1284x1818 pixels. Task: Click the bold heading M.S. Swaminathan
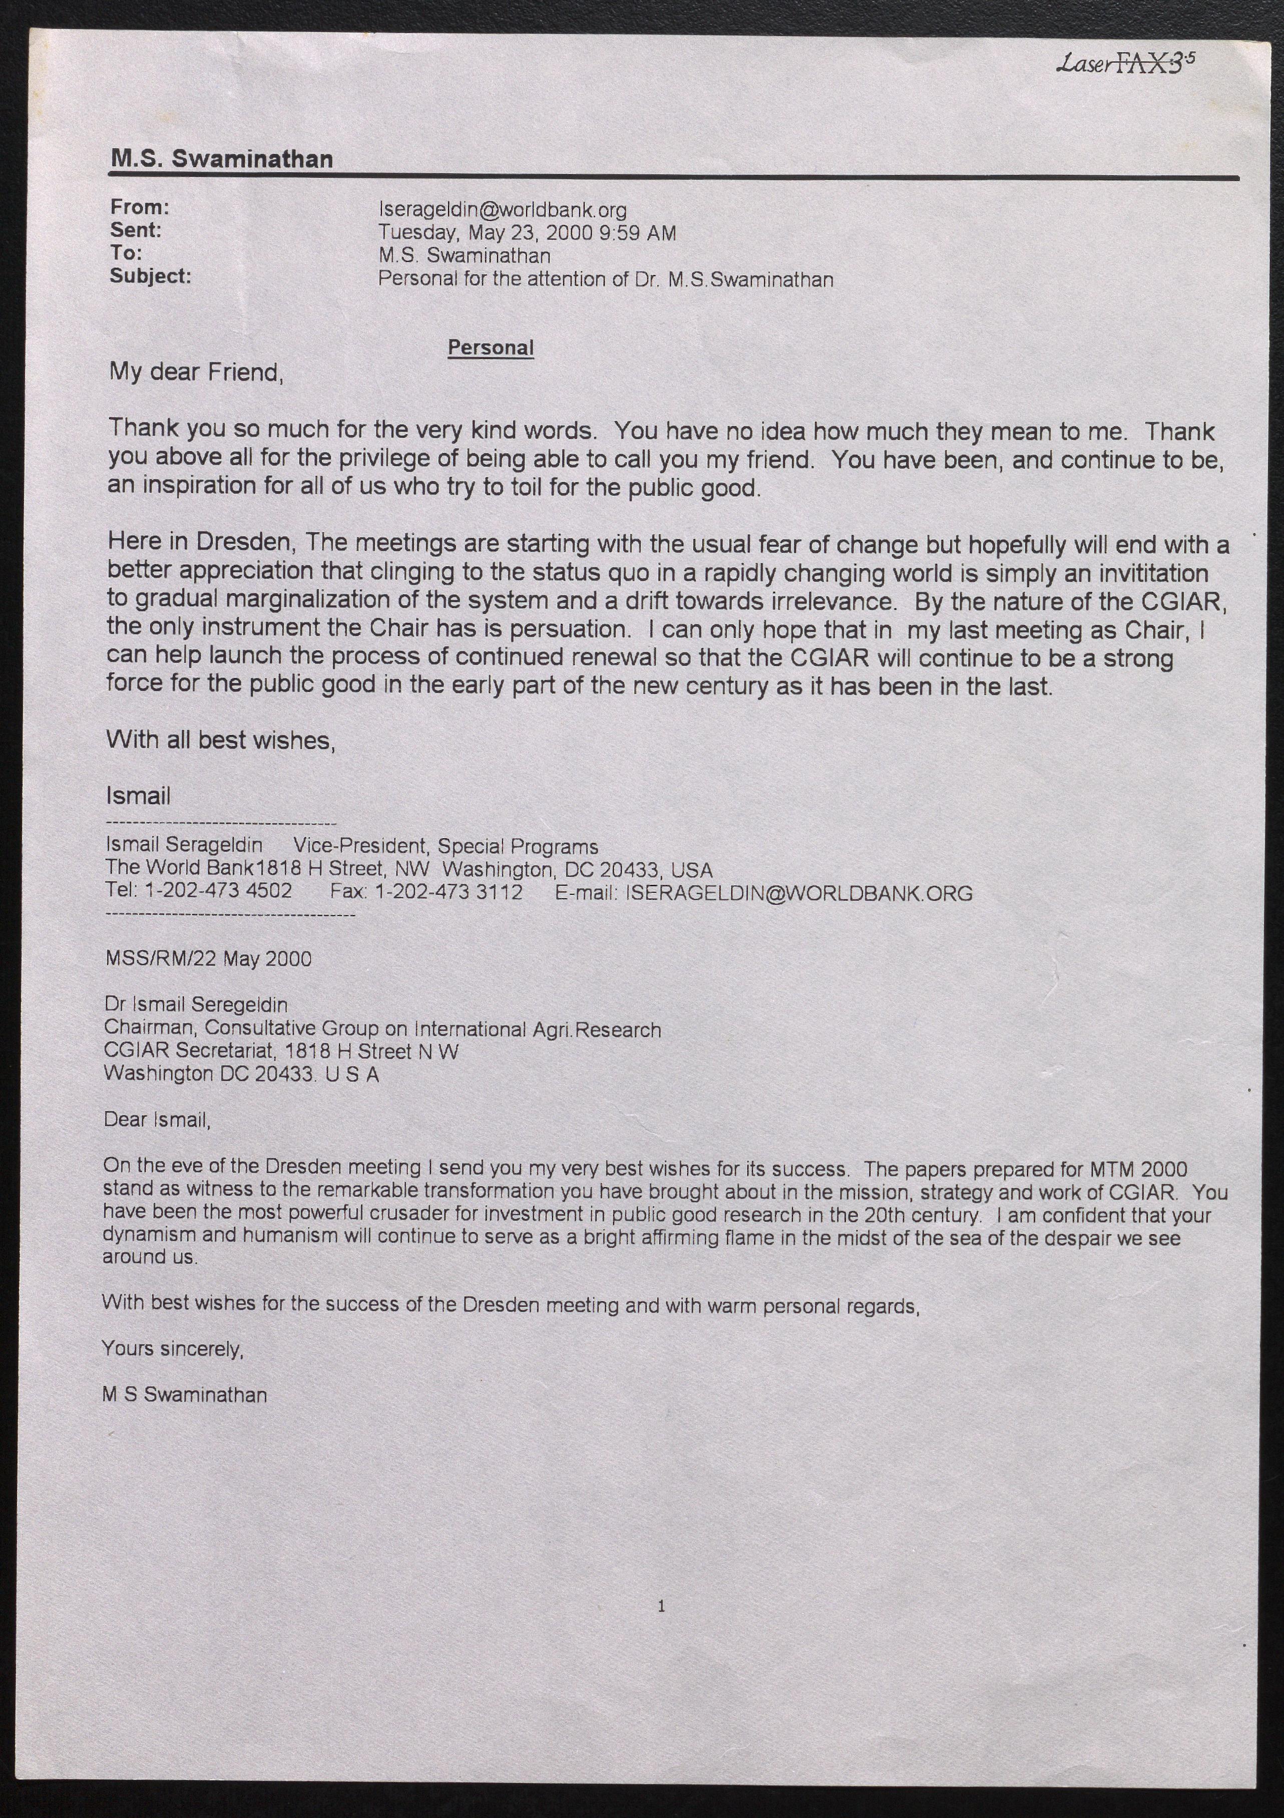pos(222,159)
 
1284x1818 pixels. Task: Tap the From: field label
pos(139,207)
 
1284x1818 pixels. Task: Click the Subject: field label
pos(150,276)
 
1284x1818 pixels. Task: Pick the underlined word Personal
pos(491,347)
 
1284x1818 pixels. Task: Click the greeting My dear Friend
pos(196,372)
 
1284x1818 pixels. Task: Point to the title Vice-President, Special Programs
pos(446,847)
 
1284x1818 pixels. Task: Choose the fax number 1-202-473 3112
pos(448,892)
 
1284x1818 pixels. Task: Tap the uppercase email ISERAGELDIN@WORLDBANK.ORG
pos(799,894)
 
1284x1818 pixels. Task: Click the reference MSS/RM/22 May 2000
pos(208,959)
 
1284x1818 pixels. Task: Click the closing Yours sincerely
pos(173,1348)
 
